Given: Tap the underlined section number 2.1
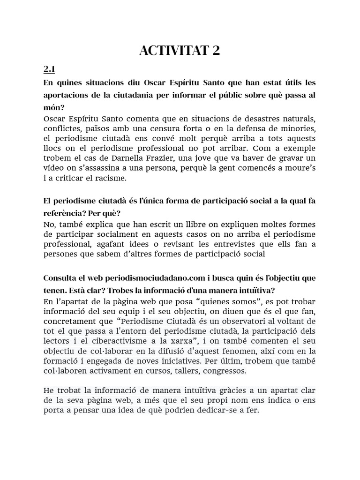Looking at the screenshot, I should (x=49, y=69).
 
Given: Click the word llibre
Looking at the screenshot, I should (x=178, y=225).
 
